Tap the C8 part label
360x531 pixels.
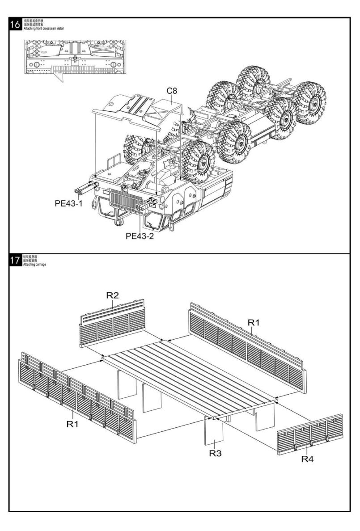pyautogui.click(x=172, y=91)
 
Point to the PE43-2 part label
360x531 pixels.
pyautogui.click(x=140, y=236)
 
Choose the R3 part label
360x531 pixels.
pyautogui.click(x=216, y=453)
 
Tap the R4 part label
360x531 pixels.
pyautogui.click(x=307, y=459)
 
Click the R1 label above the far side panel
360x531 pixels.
pyautogui.click(x=254, y=322)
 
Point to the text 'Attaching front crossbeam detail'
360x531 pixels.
pyautogui.click(x=45, y=28)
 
